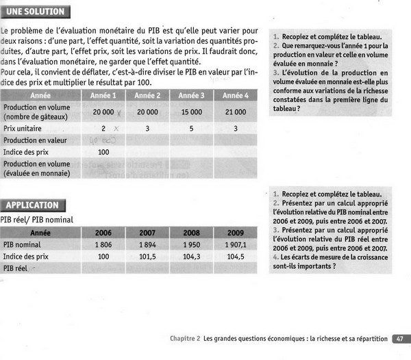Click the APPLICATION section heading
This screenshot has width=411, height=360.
tap(32, 205)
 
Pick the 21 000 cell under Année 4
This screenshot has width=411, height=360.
tap(236, 112)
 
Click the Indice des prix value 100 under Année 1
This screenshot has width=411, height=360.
tap(103, 151)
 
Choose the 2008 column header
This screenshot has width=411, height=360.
tap(191, 232)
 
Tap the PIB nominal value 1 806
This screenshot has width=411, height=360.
tap(103, 244)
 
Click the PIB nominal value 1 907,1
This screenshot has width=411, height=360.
tap(235, 244)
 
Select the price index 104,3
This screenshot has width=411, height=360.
tap(191, 256)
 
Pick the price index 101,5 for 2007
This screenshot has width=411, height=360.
tap(147, 256)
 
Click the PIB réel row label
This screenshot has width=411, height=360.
tap(16, 268)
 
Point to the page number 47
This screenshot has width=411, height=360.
tap(399, 338)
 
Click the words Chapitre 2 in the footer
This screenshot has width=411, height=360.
tap(185, 338)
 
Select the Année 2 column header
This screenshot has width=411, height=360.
tap(147, 95)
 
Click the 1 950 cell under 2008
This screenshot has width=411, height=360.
tap(191, 244)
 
